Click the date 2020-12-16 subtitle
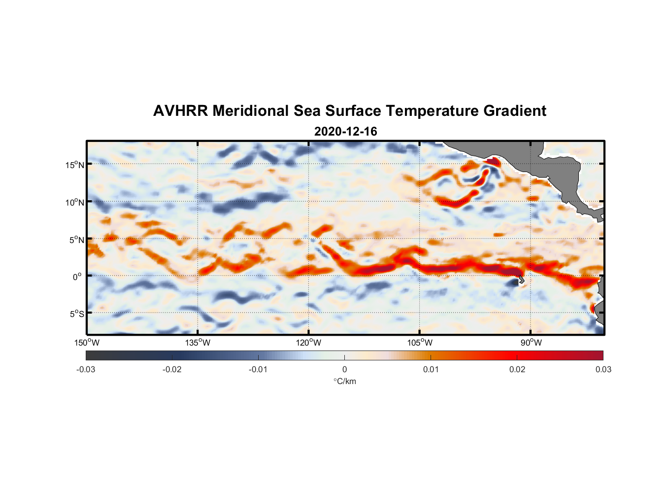click(x=345, y=132)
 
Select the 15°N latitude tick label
click(x=75, y=165)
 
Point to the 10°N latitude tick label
click(x=75, y=202)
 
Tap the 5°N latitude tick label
click(x=76, y=240)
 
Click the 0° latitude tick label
click(x=77, y=277)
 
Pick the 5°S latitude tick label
click(x=76, y=314)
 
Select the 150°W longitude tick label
click(x=87, y=343)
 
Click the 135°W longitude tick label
click(x=198, y=343)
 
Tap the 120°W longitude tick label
click(x=309, y=343)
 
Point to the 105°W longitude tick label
click(x=420, y=343)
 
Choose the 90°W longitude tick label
click(x=531, y=343)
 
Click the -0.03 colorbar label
click(x=86, y=370)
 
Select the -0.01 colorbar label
click(x=258, y=370)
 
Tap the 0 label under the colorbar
click(x=344, y=370)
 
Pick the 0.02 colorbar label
click(x=517, y=370)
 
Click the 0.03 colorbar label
click(x=603, y=370)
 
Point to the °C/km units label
click(x=344, y=381)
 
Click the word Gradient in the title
click(x=515, y=111)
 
